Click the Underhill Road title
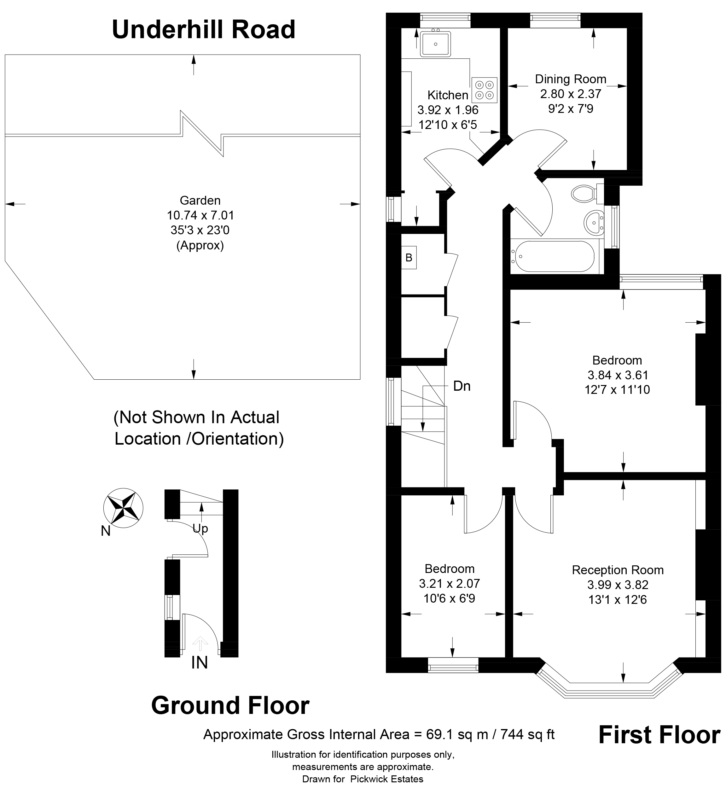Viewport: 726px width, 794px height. (x=204, y=30)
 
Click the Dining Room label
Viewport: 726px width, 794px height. (x=571, y=79)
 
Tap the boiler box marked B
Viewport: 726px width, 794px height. (x=409, y=258)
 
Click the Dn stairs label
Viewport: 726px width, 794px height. (x=462, y=386)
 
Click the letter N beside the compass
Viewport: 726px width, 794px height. (x=106, y=531)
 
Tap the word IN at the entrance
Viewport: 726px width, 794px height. (x=199, y=663)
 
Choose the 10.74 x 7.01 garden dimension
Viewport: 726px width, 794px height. (x=200, y=215)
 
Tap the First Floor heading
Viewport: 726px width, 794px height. (x=659, y=735)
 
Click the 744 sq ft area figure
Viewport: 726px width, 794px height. (x=528, y=734)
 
